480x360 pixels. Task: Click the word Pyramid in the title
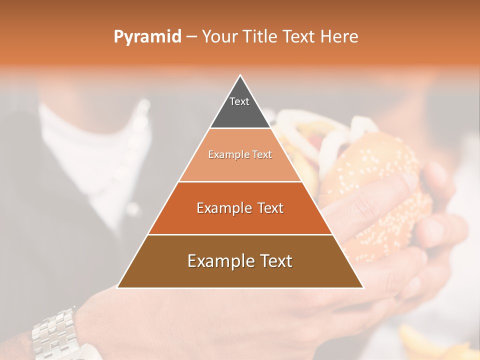click(x=147, y=36)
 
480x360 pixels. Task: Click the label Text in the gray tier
click(x=239, y=101)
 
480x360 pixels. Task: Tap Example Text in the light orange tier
click(x=240, y=154)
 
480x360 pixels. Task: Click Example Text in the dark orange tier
click(x=240, y=208)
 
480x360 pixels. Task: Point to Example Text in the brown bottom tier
click(x=240, y=261)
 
